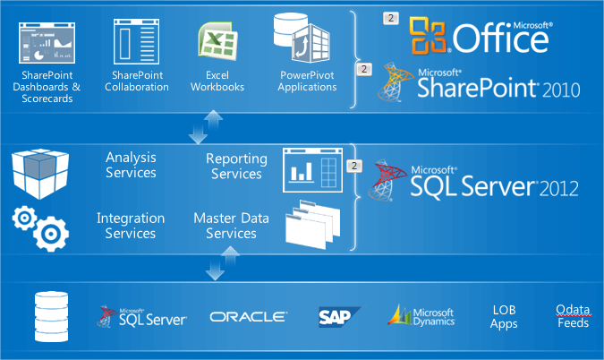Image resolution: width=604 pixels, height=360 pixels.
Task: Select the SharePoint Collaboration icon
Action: pyautogui.click(x=138, y=40)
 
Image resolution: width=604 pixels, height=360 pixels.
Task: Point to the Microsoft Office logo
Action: pyautogui.click(x=479, y=35)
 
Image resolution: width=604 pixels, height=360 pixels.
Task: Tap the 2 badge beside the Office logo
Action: pyautogui.click(x=391, y=17)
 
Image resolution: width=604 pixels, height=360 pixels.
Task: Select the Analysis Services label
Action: pyautogui.click(x=131, y=165)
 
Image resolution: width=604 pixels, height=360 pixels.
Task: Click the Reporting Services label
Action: pyautogui.click(x=236, y=166)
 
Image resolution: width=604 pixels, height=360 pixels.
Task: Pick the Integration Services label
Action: pyautogui.click(x=131, y=226)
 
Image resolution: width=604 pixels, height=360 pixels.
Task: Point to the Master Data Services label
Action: pyautogui.click(x=225, y=226)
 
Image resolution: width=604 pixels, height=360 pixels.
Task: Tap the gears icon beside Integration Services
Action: pyautogui.click(x=40, y=226)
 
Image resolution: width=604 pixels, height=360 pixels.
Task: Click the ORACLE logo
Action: pyautogui.click(x=249, y=316)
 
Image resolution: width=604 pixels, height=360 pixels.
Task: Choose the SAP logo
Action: pyautogui.click(x=338, y=316)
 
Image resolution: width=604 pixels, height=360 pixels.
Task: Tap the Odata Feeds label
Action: pyautogui.click(x=573, y=316)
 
